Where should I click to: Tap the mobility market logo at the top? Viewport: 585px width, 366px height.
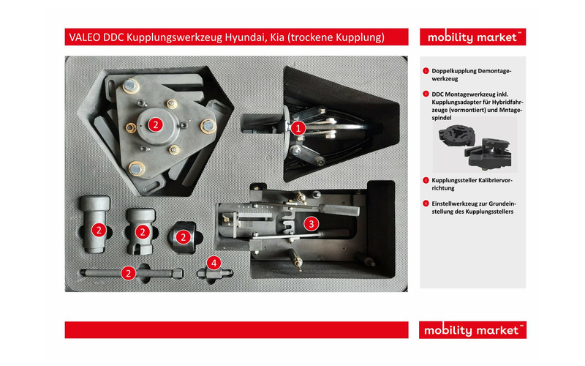[472, 37]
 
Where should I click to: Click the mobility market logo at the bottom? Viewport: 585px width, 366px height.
[472, 330]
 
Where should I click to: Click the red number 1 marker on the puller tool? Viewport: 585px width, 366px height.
[298, 127]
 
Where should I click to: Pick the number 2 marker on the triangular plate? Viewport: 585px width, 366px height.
[155, 124]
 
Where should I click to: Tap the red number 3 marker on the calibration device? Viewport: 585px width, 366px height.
[311, 223]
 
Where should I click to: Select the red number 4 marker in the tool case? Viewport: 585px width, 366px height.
[214, 261]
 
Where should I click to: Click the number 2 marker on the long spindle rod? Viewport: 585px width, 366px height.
[129, 273]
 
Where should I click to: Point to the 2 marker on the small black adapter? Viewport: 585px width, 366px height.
[184, 236]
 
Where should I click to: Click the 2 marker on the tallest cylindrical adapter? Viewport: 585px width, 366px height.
[97, 230]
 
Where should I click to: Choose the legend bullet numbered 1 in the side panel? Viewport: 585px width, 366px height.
[426, 70]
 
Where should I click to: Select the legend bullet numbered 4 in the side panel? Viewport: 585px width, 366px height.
[426, 203]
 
